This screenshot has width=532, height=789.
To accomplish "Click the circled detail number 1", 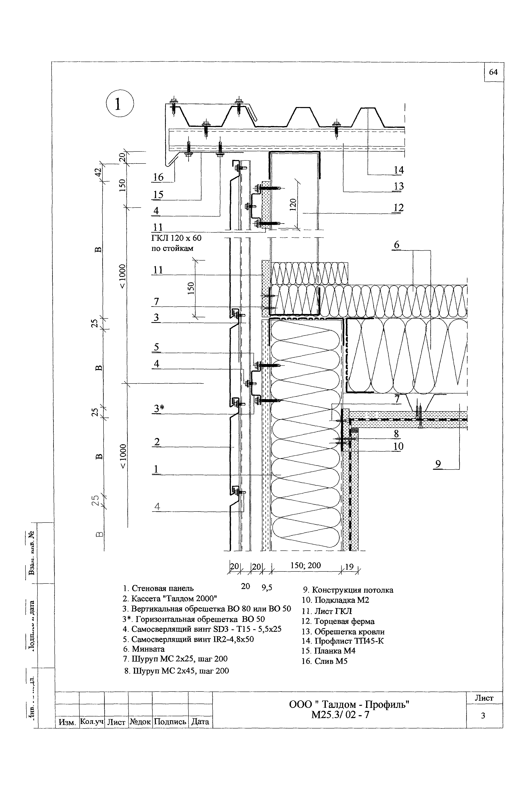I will pyautogui.click(x=120, y=103).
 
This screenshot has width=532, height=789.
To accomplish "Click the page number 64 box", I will pyautogui.click(x=493, y=72).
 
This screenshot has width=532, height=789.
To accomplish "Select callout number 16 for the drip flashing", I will pyautogui.click(x=158, y=177).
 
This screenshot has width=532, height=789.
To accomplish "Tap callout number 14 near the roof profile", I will pyautogui.click(x=399, y=170).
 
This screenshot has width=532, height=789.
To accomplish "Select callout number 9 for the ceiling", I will pyautogui.click(x=438, y=464).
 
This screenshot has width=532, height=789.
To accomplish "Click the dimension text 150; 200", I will pyautogui.click(x=305, y=565).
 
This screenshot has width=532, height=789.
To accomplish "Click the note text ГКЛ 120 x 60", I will pyautogui.click(x=176, y=238).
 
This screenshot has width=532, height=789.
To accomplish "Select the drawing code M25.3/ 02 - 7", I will pyautogui.click(x=340, y=715).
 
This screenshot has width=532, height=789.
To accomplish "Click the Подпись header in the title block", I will pyautogui.click(x=170, y=722).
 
